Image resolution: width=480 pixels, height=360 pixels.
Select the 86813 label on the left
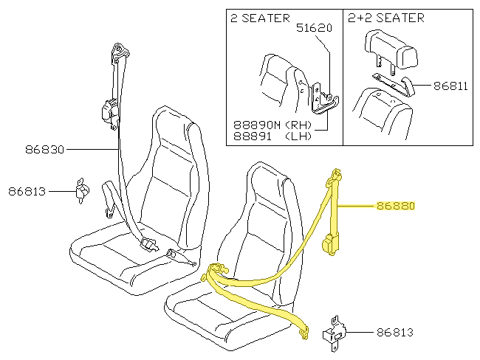27,192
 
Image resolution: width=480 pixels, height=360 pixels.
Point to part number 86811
450,86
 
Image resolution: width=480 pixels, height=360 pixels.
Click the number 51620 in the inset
314,29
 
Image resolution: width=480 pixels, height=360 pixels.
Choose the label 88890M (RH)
272,125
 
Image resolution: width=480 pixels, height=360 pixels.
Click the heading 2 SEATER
260,18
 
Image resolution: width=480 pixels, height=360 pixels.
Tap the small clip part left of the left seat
83,190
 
